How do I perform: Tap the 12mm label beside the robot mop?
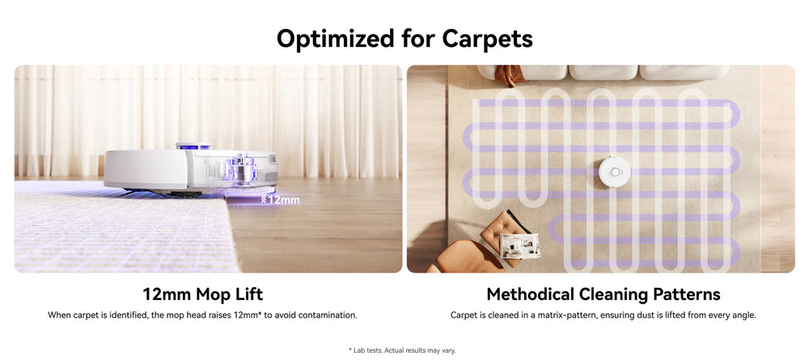[x=284, y=200]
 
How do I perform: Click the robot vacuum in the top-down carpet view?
[x=615, y=172]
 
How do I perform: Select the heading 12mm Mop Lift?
[x=203, y=294]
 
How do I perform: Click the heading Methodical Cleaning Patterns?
[x=604, y=294]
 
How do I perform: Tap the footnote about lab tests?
[x=402, y=350]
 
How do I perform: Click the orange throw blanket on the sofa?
[x=509, y=74]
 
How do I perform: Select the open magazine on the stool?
[x=519, y=246]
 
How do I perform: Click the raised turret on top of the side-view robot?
[x=193, y=146]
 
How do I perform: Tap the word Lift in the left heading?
[x=250, y=294]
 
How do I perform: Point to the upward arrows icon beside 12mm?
[x=264, y=200]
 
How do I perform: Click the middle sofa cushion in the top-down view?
[x=603, y=72]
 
